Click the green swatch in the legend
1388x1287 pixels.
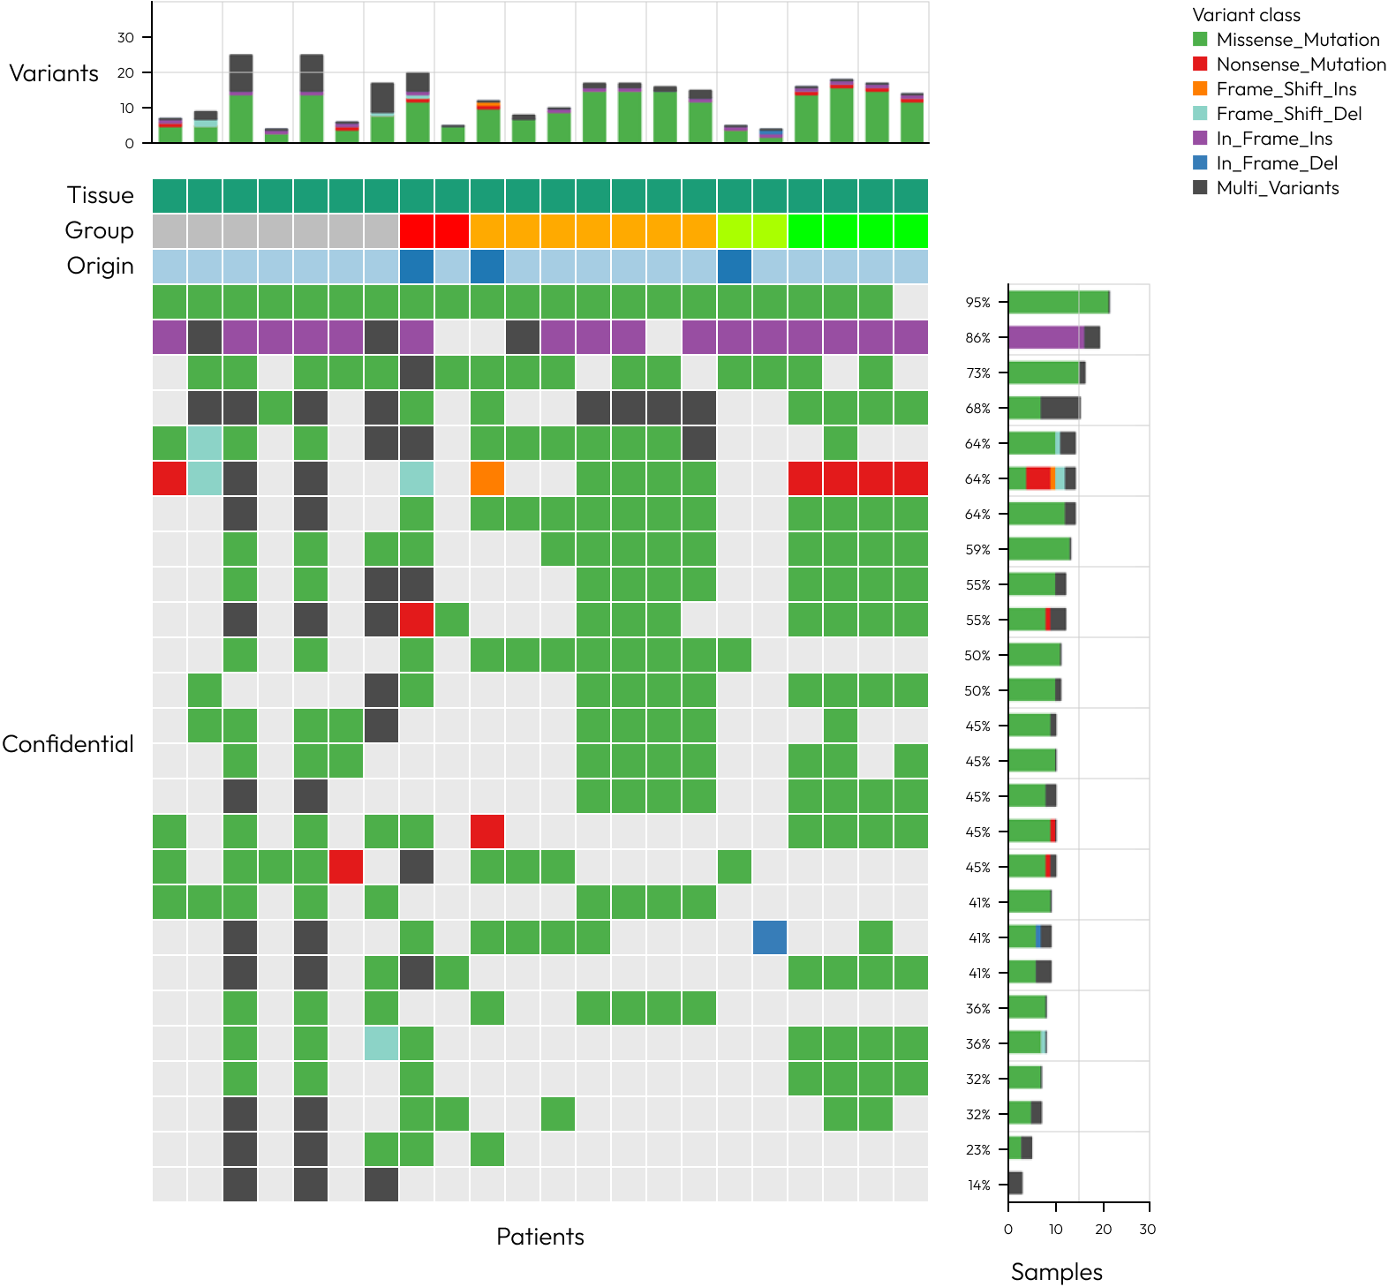(x=1200, y=39)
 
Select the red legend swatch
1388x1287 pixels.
(x=1200, y=64)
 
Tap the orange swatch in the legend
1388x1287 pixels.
(x=1200, y=88)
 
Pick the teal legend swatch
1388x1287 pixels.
(x=1200, y=113)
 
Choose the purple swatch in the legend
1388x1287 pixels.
(x=1200, y=138)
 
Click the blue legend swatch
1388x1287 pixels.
(x=1200, y=162)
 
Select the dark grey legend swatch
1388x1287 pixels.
(x=1200, y=187)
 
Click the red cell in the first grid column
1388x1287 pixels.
(x=170, y=478)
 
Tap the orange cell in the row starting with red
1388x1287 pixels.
(x=487, y=478)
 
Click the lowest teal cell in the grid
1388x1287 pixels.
(x=381, y=1043)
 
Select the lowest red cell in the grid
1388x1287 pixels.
(x=346, y=867)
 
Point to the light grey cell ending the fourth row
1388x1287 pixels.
(x=911, y=302)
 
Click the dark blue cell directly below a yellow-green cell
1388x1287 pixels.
(x=735, y=267)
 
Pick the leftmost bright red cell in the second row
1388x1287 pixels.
(x=417, y=231)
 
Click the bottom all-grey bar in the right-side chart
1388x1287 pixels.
(x=1015, y=1183)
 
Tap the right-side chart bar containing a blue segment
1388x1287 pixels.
(x=1030, y=937)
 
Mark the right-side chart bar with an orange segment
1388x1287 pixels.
(x=1042, y=478)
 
